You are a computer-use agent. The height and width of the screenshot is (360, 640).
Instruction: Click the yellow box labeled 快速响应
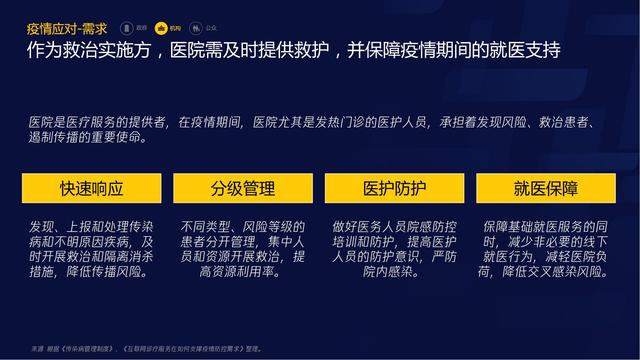click(92, 188)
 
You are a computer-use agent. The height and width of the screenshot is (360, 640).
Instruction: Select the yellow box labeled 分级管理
click(244, 188)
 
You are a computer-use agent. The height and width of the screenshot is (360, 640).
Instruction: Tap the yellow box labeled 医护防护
click(394, 188)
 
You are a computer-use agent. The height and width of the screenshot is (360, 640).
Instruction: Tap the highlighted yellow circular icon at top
click(160, 29)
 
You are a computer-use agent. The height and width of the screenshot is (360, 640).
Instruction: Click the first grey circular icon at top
click(127, 29)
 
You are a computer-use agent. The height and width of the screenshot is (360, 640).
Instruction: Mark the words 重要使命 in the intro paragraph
click(121, 138)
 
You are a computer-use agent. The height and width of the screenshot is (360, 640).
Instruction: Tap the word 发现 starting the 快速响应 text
click(42, 227)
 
